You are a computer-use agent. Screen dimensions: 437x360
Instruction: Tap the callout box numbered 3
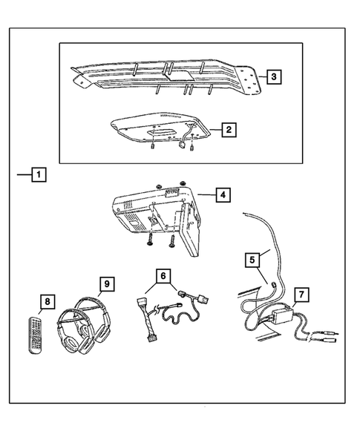(272, 76)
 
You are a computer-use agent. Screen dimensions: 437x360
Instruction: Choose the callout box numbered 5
(253, 260)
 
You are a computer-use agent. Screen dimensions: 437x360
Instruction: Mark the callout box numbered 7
(300, 295)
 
